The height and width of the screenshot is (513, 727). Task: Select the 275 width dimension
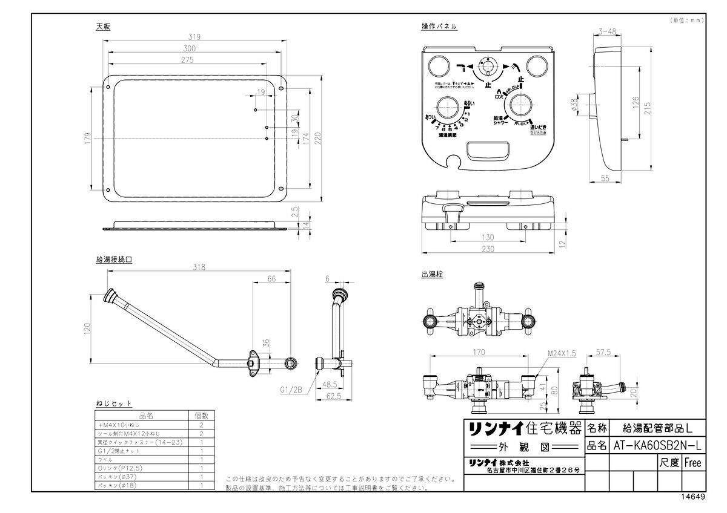pos(186,59)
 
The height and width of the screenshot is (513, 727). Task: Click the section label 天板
pos(103,27)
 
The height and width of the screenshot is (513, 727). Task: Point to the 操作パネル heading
pos(439,27)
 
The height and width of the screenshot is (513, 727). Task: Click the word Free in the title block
pos(692,462)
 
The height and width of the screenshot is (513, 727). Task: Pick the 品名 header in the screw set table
pos(145,416)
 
